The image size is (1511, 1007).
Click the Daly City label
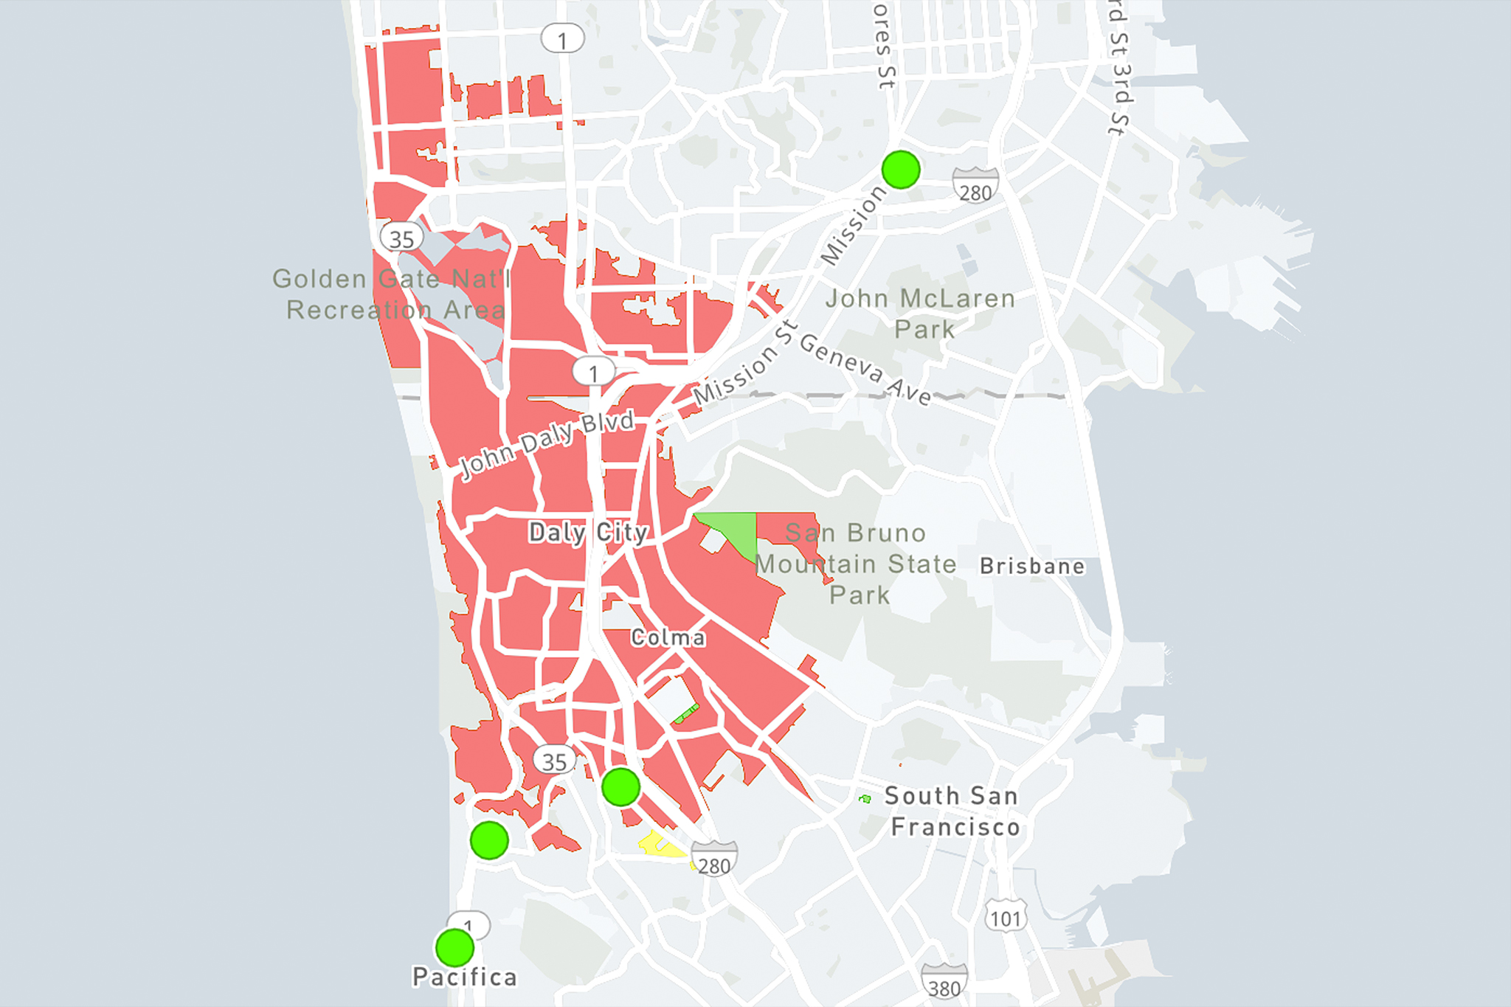[x=588, y=533]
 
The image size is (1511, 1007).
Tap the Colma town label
[x=668, y=638]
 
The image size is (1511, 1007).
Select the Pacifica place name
[x=464, y=977]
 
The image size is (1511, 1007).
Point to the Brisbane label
[x=1032, y=567]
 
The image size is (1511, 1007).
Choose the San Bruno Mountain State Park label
[x=856, y=564]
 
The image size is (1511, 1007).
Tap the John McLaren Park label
[x=921, y=314]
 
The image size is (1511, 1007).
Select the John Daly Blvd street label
[x=547, y=445]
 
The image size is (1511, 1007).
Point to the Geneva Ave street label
[x=865, y=369]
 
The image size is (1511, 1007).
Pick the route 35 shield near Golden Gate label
[x=401, y=238]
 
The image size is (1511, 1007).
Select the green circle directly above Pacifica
[x=454, y=948]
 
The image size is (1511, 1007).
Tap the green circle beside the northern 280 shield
[x=901, y=170]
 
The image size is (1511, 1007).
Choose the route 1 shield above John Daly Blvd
[x=593, y=373]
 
